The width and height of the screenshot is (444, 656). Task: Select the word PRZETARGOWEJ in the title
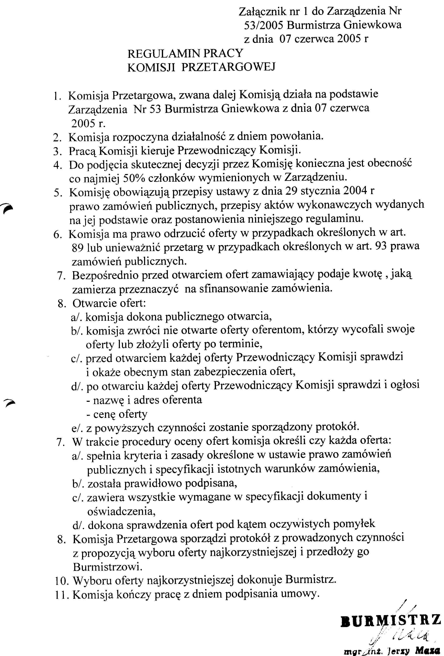228,67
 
